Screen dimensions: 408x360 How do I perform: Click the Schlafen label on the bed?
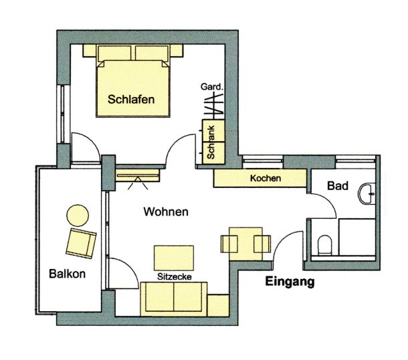pos(131,100)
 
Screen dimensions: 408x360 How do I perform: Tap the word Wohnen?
pos(166,212)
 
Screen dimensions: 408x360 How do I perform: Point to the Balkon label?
pos(67,274)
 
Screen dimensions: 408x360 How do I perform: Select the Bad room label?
pos(338,186)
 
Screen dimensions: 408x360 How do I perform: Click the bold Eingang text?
pos(290,282)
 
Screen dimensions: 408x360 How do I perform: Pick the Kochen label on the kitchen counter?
pos(266,178)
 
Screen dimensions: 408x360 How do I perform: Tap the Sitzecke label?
pos(175,277)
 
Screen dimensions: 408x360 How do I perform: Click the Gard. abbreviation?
pos(212,87)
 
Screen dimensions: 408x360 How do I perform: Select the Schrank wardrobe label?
pos(211,143)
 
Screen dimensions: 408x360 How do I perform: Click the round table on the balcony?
pos(78,215)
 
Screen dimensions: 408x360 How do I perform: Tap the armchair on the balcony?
pos(81,244)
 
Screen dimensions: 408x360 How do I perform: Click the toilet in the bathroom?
pos(324,245)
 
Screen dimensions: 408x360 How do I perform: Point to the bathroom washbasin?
pos(367,194)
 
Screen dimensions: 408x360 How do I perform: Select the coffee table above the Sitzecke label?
pos(174,258)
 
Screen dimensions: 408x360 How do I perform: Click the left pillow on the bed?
pos(114,54)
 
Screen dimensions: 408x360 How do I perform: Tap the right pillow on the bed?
pos(152,54)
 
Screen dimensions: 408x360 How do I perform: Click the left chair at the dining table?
pos(229,244)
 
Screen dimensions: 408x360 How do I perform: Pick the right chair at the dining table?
pos(262,244)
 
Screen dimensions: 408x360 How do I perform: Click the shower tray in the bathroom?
pos(357,237)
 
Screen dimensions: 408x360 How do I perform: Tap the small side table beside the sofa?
pos(218,305)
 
